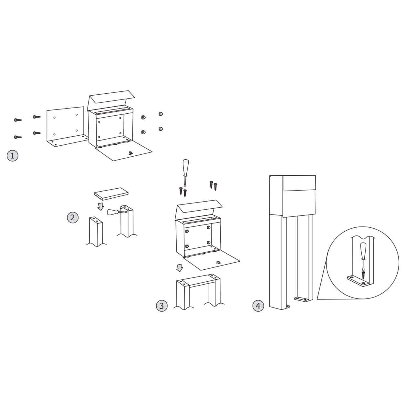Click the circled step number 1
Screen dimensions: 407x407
click(x=13, y=156)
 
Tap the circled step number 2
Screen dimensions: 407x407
click(x=73, y=217)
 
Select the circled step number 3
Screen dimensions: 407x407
click(x=162, y=306)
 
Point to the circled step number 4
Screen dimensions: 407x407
click(x=258, y=306)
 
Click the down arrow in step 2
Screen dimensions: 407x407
click(x=101, y=206)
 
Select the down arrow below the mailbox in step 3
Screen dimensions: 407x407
click(x=180, y=268)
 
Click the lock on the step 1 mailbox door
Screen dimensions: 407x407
click(x=131, y=153)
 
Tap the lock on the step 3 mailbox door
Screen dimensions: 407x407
click(x=218, y=263)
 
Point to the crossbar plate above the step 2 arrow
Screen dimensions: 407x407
click(x=111, y=194)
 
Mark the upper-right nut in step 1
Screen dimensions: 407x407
click(x=161, y=114)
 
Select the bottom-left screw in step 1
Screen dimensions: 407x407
click(x=18, y=137)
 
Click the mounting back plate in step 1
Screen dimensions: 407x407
click(x=66, y=126)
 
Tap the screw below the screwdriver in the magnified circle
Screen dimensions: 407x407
click(x=363, y=275)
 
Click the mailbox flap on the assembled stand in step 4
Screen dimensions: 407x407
click(x=299, y=183)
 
